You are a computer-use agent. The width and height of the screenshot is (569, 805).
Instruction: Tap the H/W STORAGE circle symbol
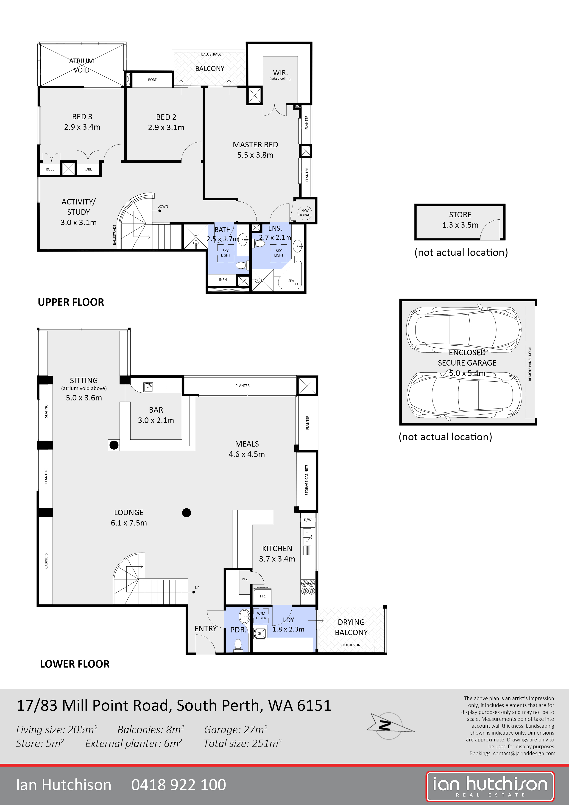[x=305, y=213]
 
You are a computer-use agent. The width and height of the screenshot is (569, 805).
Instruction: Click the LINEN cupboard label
[x=222, y=280]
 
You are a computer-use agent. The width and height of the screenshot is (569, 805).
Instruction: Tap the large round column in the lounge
[x=187, y=513]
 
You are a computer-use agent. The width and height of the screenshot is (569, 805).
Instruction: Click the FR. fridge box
[x=262, y=596]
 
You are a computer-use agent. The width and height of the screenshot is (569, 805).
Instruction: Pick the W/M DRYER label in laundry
[x=261, y=616]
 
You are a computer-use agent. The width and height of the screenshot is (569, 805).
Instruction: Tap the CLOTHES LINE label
[x=351, y=645]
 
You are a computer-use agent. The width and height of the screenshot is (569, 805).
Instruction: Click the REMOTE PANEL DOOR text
[x=530, y=364]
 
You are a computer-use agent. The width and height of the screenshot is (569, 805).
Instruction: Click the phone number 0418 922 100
[x=179, y=785]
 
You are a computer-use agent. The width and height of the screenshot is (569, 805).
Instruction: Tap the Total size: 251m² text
[x=242, y=743]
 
